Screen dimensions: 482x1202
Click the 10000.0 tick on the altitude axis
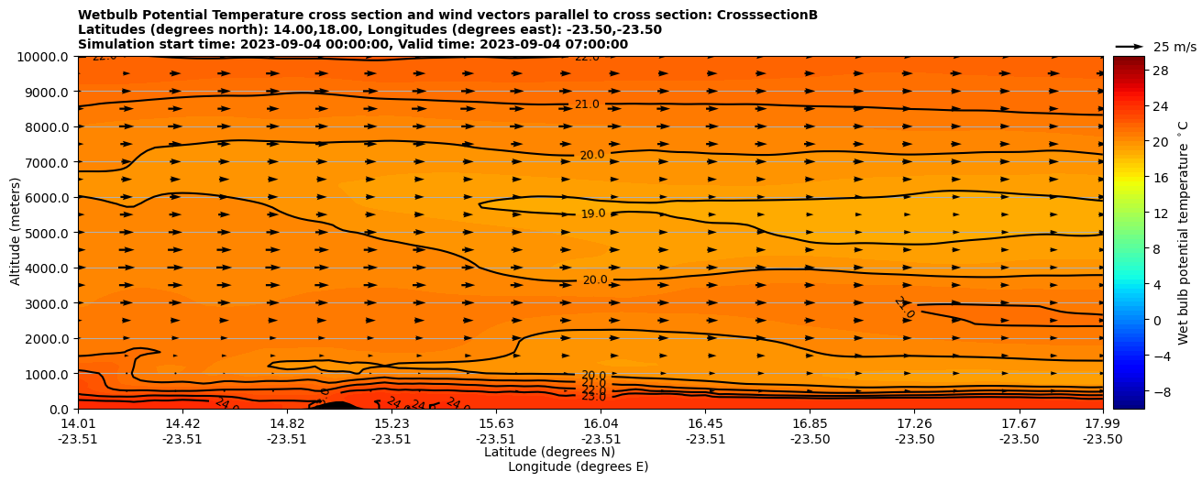(x=44, y=57)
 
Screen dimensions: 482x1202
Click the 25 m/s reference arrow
(x=1130, y=46)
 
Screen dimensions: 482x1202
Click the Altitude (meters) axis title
(x=16, y=233)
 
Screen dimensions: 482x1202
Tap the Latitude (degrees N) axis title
(x=549, y=452)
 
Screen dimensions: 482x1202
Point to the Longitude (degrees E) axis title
(x=578, y=466)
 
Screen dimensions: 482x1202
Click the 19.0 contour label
(x=593, y=214)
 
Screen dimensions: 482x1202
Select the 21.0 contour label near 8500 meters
(x=587, y=104)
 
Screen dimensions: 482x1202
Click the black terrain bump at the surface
(x=336, y=405)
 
